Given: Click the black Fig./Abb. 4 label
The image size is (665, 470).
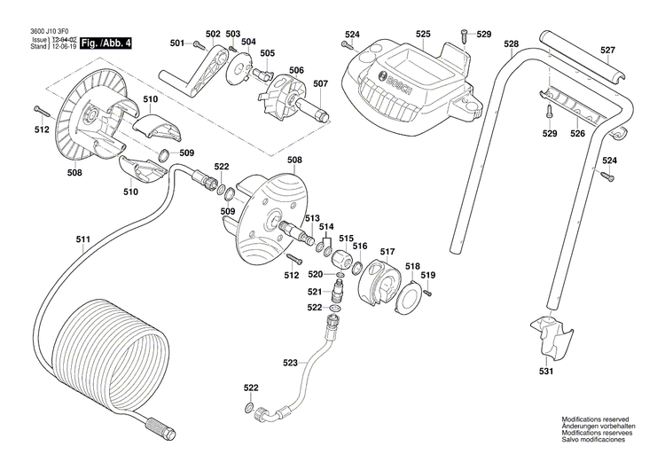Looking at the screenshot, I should (x=105, y=43).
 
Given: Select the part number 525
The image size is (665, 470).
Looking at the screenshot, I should (x=423, y=35).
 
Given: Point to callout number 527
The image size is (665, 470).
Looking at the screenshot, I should (x=606, y=51).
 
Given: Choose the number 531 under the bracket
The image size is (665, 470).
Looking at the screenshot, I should (x=547, y=371).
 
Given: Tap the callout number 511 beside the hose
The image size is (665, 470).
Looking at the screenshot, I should (x=83, y=239).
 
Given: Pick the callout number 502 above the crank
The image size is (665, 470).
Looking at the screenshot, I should (x=213, y=34).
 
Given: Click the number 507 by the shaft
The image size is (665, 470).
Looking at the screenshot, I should (x=320, y=84).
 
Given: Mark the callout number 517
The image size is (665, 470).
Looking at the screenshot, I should (x=387, y=253).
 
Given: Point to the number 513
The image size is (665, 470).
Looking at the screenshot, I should (x=312, y=217).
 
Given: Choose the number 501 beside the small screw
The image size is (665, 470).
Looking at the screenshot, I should (x=176, y=43).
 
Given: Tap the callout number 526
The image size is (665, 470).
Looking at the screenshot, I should (x=577, y=134).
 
